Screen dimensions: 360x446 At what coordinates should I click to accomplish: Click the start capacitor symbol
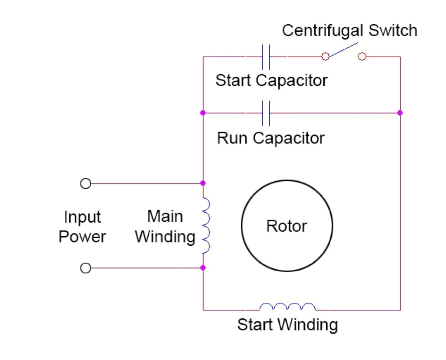(x=266, y=57)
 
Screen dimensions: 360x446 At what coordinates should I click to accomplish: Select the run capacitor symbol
(x=266, y=113)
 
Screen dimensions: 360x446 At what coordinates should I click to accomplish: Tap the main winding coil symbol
(x=206, y=225)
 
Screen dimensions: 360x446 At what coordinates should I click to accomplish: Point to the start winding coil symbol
(x=287, y=307)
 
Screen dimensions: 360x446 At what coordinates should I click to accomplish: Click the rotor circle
(x=287, y=226)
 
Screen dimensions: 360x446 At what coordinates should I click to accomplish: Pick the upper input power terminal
(x=86, y=183)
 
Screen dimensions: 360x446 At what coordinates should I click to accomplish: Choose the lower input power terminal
(x=86, y=268)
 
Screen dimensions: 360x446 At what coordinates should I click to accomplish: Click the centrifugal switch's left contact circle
(x=325, y=57)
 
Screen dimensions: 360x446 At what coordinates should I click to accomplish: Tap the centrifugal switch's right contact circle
(x=362, y=57)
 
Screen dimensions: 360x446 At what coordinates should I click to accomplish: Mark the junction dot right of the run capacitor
(x=400, y=113)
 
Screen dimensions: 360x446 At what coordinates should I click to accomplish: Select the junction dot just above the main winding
(x=203, y=183)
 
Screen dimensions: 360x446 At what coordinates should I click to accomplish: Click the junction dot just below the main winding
(x=203, y=268)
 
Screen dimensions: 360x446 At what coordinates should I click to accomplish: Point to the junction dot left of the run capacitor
(x=203, y=113)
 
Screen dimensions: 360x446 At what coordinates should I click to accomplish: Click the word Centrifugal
(x=322, y=31)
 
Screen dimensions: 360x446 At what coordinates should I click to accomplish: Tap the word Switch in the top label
(x=392, y=31)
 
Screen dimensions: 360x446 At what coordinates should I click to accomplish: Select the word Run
(x=233, y=138)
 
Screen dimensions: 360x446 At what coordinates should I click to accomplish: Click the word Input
(x=82, y=217)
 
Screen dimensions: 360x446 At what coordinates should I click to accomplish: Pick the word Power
(x=82, y=237)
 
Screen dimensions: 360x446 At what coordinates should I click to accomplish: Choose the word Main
(x=165, y=216)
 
